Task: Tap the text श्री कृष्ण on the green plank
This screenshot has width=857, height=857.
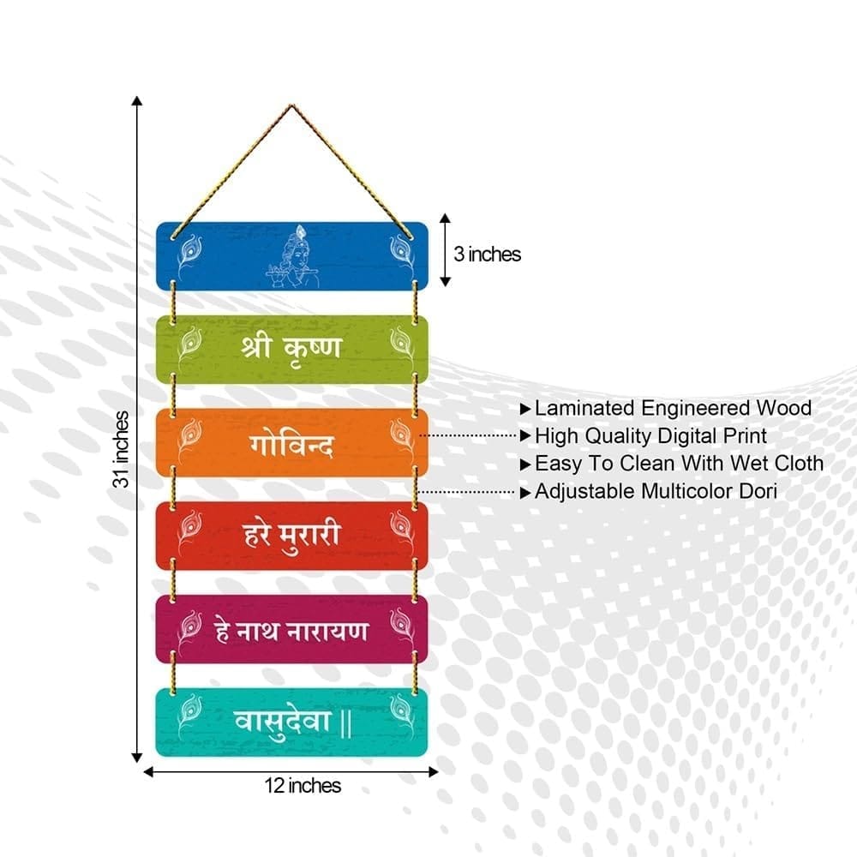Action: point(291,349)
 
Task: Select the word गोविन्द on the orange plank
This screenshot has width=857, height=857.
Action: point(291,444)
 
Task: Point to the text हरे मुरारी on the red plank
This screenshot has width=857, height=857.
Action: point(292,536)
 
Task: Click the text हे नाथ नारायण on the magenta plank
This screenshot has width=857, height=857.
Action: point(291,632)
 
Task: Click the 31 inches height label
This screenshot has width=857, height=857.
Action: point(122,449)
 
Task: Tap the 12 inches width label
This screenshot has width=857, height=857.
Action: point(303,785)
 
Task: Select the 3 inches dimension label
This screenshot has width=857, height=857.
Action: point(487,255)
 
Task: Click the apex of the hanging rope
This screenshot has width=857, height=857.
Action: point(291,105)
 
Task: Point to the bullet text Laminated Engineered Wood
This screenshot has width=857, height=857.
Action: point(673,408)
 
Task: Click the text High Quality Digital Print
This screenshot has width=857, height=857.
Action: point(650,436)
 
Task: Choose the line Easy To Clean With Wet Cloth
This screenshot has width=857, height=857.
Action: point(679,464)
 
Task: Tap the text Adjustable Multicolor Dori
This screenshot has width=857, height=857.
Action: point(656,491)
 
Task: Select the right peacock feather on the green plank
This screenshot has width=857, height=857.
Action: point(402,346)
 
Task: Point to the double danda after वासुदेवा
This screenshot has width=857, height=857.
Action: point(345,723)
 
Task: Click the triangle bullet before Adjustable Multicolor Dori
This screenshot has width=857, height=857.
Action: point(525,493)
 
